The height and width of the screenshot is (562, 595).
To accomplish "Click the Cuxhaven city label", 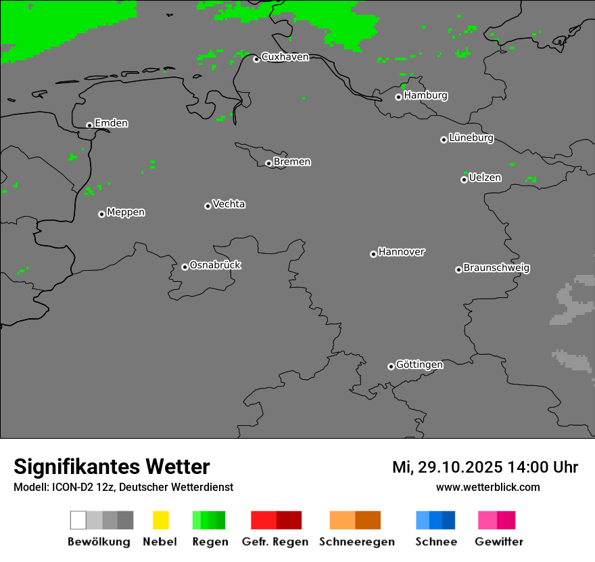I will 285,57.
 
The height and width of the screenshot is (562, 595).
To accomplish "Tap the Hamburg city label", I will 425,95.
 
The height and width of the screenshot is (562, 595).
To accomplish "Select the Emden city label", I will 111,123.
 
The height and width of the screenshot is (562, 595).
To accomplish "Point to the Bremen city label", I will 292,162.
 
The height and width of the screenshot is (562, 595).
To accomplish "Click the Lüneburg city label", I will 471,138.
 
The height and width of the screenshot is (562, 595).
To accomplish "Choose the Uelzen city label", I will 485,178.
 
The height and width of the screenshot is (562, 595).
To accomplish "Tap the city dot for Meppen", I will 101,214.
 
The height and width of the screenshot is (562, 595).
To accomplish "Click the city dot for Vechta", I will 208,206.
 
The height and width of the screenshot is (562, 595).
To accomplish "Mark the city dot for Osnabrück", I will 185,267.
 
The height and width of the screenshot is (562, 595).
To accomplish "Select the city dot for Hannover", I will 373,254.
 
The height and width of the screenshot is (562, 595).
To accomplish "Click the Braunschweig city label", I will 496,268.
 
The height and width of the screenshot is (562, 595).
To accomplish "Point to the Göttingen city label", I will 419,365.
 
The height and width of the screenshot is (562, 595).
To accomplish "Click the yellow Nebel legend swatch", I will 160,520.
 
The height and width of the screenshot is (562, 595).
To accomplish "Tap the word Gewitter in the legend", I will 499,542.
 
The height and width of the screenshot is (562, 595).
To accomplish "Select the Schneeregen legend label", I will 356,542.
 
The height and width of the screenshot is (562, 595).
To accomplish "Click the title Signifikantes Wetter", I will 112,467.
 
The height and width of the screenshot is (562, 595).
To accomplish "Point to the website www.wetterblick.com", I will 487,487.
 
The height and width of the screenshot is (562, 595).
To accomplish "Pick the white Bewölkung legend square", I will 78,520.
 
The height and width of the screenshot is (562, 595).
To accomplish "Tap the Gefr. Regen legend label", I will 275,542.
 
